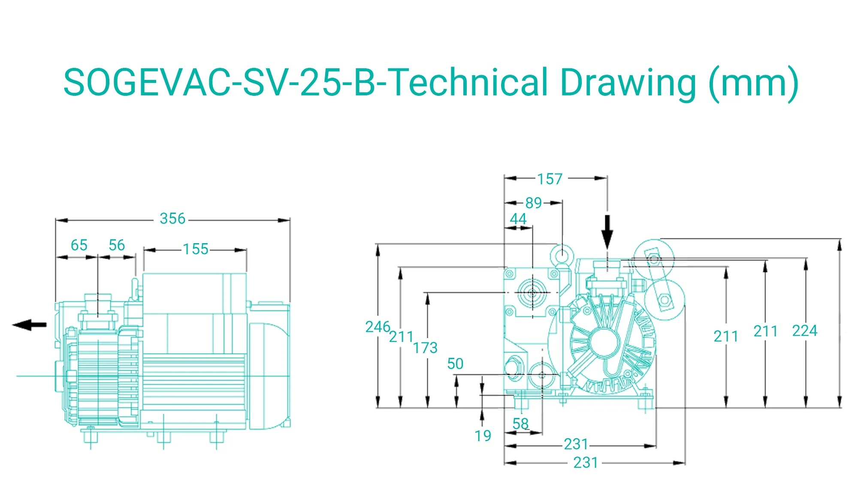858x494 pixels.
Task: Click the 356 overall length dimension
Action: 172,219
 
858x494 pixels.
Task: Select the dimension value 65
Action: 79,245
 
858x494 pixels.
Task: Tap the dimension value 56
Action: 117,245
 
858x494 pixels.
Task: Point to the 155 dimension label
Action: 196,249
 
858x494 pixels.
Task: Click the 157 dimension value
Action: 550,179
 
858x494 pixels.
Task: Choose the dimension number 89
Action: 534,203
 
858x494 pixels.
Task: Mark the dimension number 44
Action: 518,219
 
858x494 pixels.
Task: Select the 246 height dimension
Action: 378,327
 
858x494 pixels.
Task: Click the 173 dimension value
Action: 425,348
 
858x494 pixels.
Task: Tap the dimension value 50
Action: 455,364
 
